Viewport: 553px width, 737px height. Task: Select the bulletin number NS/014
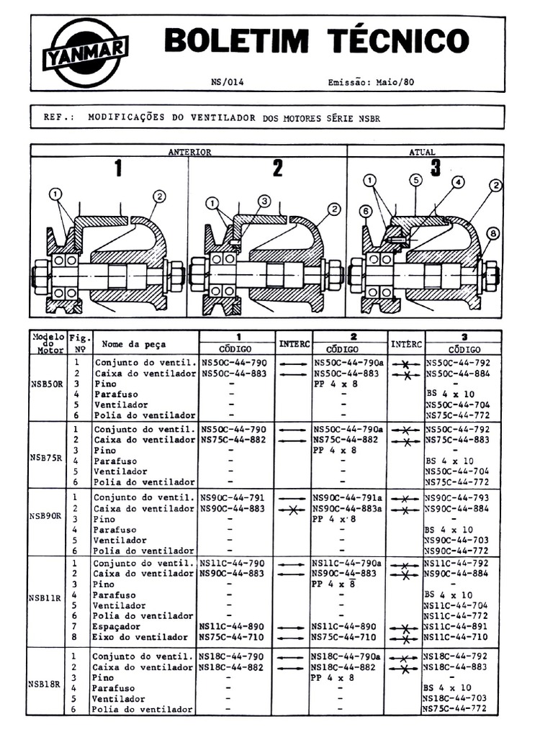click(x=228, y=82)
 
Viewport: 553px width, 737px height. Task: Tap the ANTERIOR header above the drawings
click(x=189, y=152)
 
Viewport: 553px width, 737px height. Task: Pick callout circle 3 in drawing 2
click(x=264, y=201)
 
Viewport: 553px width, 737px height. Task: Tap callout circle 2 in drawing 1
click(x=159, y=196)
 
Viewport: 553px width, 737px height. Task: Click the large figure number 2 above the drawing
click(x=277, y=168)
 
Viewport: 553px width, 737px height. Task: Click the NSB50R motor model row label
click(x=45, y=384)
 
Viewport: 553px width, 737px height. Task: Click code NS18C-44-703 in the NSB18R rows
click(x=460, y=698)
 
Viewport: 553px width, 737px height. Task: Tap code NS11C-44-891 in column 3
click(x=460, y=627)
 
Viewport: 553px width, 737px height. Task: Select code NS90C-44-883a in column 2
click(x=349, y=509)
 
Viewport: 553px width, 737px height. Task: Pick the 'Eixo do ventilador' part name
click(x=140, y=638)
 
